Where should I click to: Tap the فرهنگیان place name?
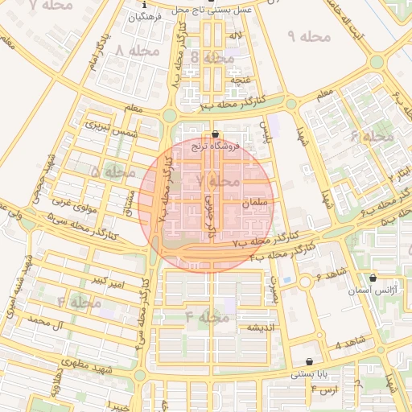click(x=153, y=16)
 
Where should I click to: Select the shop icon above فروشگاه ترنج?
click(x=215, y=134)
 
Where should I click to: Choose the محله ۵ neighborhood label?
click(x=113, y=171)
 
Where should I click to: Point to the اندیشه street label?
click(x=262, y=328)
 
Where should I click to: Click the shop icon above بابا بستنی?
click(x=310, y=362)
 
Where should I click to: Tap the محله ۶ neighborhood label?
click(x=372, y=136)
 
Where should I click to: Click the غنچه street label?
click(x=241, y=80)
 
